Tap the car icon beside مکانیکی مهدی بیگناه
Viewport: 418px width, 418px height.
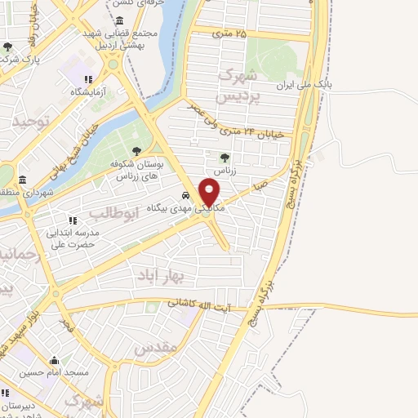click(x=186, y=196)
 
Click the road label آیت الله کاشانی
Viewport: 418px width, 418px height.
click(x=211, y=303)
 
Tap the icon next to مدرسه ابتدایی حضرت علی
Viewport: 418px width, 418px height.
click(x=72, y=220)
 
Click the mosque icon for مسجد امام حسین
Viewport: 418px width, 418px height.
click(x=55, y=361)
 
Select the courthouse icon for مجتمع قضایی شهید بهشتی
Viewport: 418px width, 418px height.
click(x=120, y=20)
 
